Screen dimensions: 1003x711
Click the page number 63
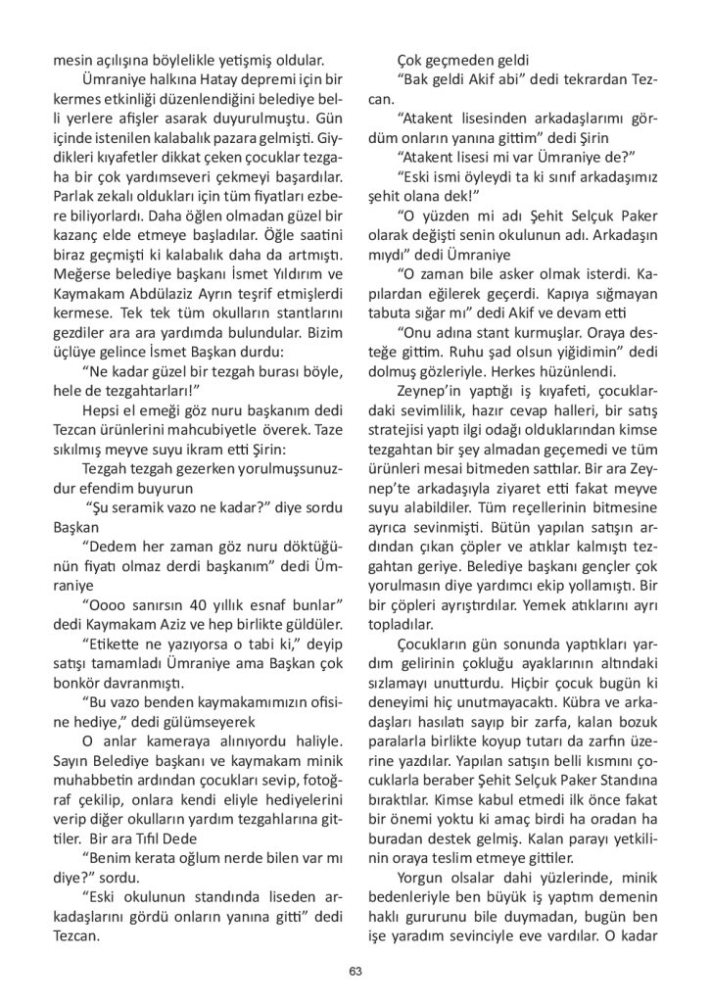pos(355,970)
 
